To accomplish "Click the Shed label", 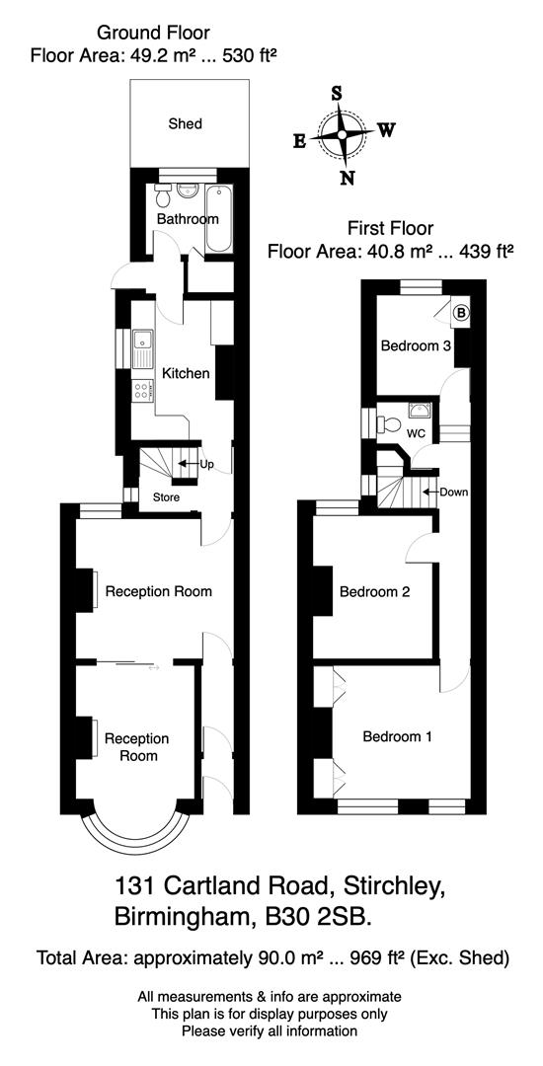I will coord(186,123).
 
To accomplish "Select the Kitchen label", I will coord(186,373).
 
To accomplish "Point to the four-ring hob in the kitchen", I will coord(142,388).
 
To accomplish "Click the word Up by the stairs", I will coord(207,463).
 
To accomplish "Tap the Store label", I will coord(166,496).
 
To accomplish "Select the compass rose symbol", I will coord(343,135).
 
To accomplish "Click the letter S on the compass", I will coord(339,93).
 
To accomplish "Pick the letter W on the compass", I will coord(387,129).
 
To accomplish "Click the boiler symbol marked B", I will coord(461,315).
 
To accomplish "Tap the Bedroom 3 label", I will coord(417,346).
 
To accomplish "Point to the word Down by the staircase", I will coord(454,492).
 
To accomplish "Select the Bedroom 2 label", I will coord(374,592).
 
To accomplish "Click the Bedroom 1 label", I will coord(397,736).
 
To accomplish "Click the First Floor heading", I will coord(391,227).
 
